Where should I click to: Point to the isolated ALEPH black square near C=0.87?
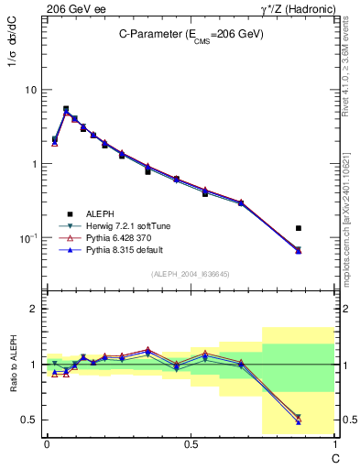coord(299,228)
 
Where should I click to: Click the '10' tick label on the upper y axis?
coord(29,90)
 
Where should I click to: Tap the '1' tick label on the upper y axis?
coord(33,164)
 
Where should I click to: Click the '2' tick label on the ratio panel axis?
coord(33,310)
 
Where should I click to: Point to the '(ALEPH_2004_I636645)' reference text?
coord(190,275)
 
